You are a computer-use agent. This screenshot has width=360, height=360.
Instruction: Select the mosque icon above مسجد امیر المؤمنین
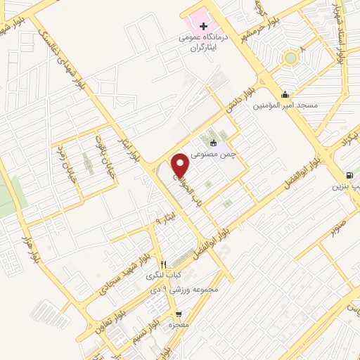tap(284, 94)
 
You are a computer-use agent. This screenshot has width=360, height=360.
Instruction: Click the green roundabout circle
tap(290, 58)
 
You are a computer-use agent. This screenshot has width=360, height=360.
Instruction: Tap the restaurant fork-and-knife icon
tap(164, 264)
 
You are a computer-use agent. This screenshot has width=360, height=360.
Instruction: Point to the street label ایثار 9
tap(162, 221)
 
